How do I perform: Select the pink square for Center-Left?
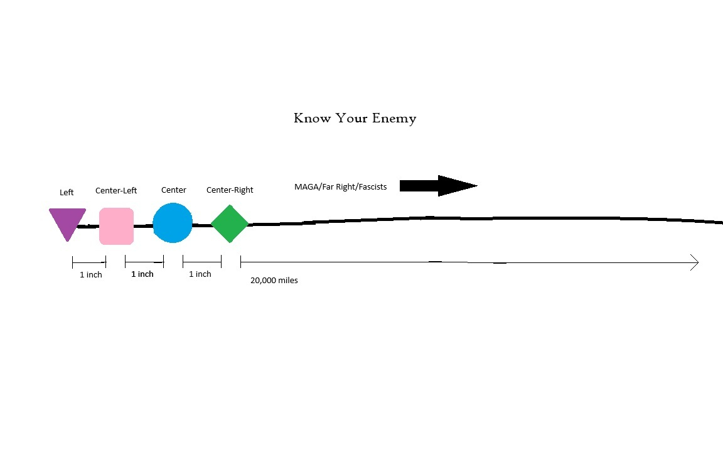tap(116, 225)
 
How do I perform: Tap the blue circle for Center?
tap(173, 223)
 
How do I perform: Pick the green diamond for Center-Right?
tap(230, 223)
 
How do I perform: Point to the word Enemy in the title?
tap(394, 118)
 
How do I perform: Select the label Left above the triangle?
tap(67, 193)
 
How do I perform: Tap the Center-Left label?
tap(116, 190)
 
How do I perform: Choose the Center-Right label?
tap(230, 190)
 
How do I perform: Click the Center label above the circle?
tap(174, 190)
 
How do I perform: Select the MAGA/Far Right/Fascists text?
tap(341, 186)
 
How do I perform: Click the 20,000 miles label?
tap(274, 281)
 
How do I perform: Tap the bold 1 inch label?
tap(142, 274)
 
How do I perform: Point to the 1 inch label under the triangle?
tap(91, 275)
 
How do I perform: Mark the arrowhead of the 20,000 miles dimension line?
tap(695, 262)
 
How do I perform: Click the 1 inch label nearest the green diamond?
tap(200, 274)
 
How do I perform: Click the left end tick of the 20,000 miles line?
tap(241, 262)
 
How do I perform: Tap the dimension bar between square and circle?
tap(144, 262)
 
